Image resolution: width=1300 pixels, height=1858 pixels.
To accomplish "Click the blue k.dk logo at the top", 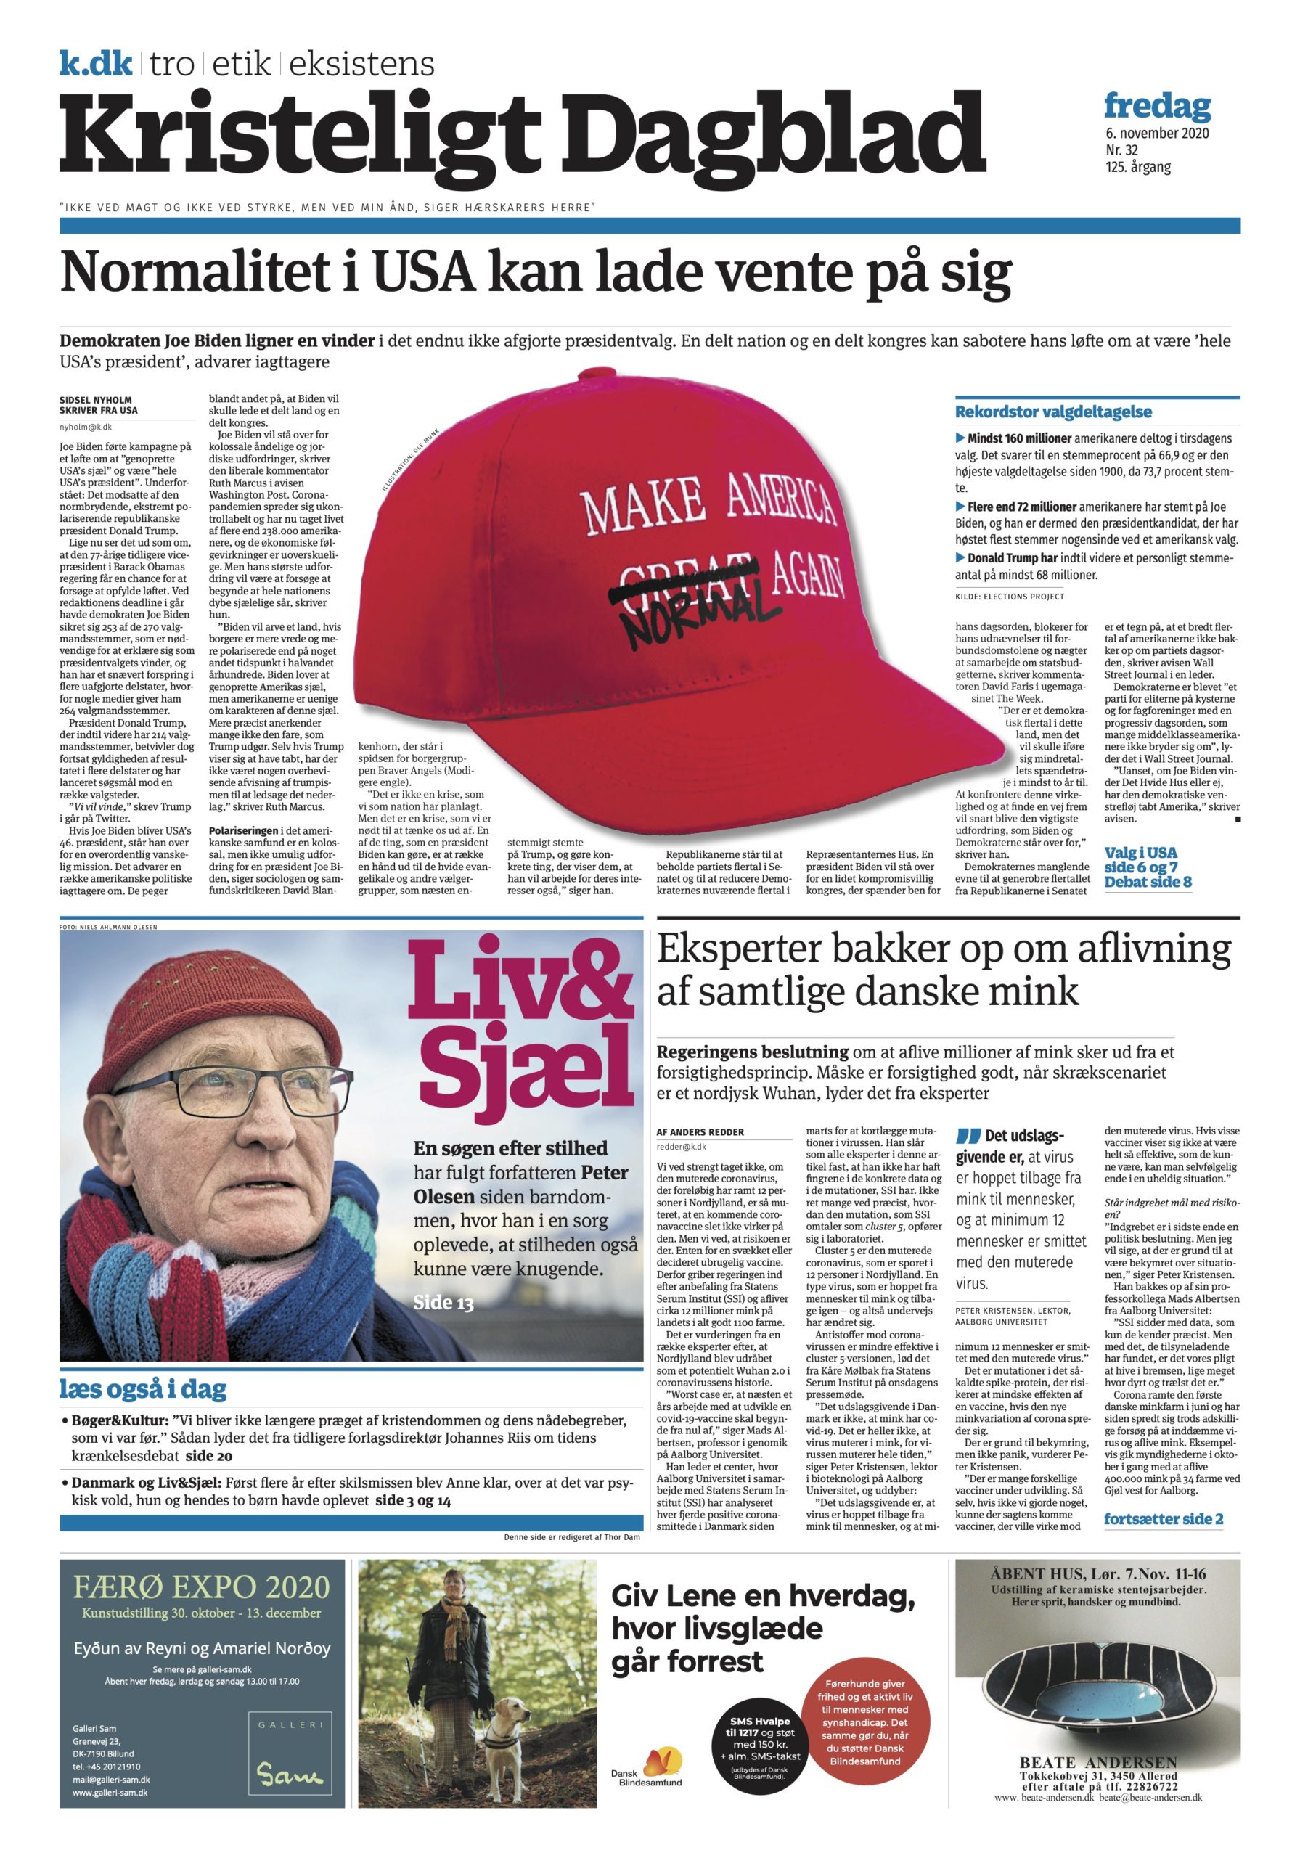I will tap(96, 64).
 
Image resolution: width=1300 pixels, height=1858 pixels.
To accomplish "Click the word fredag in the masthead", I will tap(1157, 106).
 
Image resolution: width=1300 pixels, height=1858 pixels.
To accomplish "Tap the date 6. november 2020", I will tap(1157, 134).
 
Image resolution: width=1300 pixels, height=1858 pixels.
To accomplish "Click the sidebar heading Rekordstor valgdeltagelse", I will tap(1052, 412).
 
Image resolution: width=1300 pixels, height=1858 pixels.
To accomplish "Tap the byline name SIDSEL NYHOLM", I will tap(96, 400).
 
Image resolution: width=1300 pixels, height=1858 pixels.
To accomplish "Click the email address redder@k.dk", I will tap(681, 1146).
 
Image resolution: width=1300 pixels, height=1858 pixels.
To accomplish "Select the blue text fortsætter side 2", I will tap(1164, 1519).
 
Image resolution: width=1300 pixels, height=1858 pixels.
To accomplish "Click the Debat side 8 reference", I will tap(1148, 882).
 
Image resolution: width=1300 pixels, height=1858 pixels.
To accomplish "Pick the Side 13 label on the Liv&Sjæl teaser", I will tap(443, 1302).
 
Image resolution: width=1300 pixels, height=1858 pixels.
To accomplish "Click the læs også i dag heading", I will tap(142, 1389).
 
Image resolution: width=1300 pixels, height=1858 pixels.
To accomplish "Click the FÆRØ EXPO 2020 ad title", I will tap(202, 1587).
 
